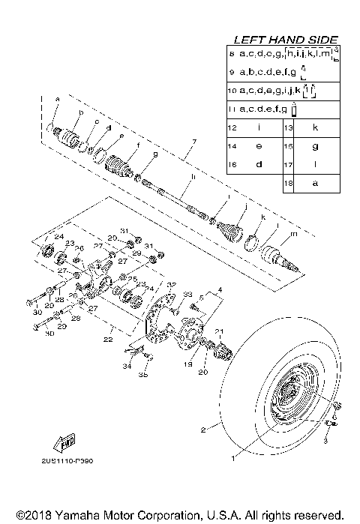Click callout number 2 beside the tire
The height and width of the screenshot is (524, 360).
click(202, 430)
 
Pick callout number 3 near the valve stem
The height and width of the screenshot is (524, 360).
click(326, 442)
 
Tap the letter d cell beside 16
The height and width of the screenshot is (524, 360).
click(259, 164)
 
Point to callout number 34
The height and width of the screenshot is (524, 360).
click(127, 367)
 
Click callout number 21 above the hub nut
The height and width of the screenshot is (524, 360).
click(220, 331)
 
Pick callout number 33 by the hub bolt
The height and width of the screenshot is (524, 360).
click(188, 295)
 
